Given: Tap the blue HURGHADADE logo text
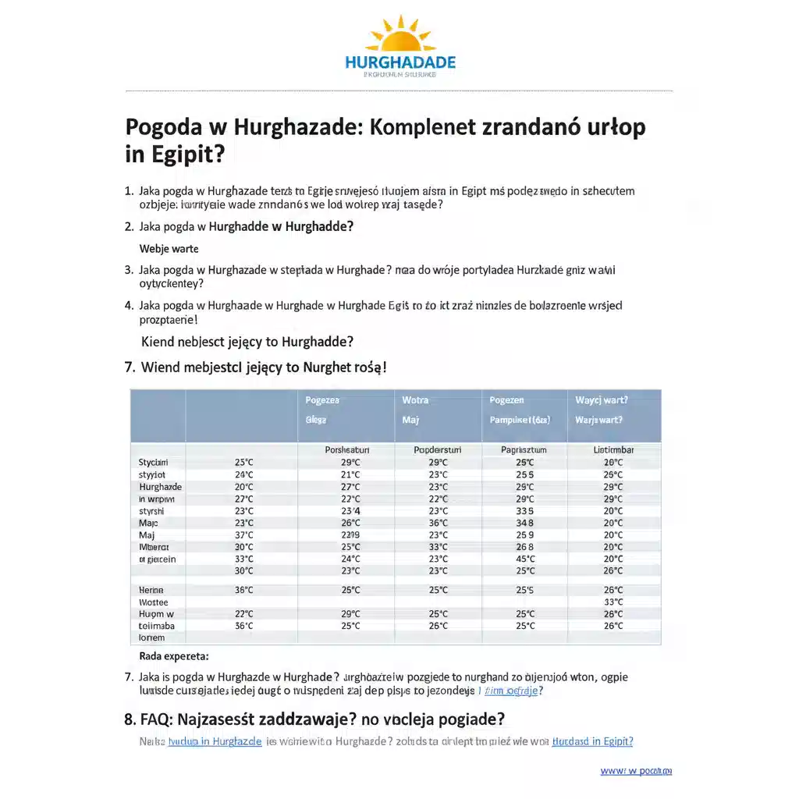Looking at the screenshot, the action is [x=400, y=62].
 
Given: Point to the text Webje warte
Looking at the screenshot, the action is [x=169, y=249].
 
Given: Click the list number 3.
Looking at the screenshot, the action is [x=129, y=270].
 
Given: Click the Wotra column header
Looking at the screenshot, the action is [x=415, y=400].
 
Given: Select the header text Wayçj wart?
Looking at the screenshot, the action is [x=602, y=400].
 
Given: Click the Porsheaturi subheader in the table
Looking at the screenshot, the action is [x=346, y=450].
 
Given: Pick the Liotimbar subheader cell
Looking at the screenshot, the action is [x=613, y=450].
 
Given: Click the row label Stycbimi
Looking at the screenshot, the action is [x=153, y=462].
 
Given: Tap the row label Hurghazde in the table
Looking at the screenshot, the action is [x=160, y=486].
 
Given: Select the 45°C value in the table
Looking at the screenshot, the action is [x=525, y=559].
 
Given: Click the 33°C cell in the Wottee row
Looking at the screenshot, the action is [x=613, y=602].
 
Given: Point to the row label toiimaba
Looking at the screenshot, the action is [x=157, y=626].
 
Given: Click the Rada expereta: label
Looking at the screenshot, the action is [x=174, y=656].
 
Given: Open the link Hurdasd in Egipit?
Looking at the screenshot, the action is [x=592, y=741].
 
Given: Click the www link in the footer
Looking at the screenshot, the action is [x=635, y=771].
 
